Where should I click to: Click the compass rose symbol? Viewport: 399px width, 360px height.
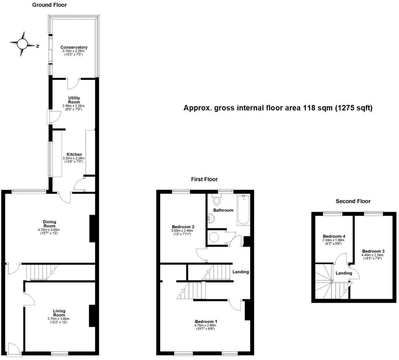[x=23, y=44]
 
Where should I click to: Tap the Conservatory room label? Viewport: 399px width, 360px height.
[x=74, y=47]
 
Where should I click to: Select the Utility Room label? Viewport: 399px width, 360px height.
[x=74, y=100]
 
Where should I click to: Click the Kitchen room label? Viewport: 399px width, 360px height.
[x=74, y=154]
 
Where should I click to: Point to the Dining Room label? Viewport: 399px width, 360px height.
[x=50, y=224]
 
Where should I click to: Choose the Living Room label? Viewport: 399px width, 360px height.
[x=59, y=313]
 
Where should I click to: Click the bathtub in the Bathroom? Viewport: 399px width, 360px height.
[x=243, y=210]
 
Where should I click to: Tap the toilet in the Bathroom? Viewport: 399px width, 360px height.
[x=217, y=200]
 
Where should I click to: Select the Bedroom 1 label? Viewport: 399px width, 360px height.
[x=206, y=321]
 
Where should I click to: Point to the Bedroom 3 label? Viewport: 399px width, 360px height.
[x=373, y=251]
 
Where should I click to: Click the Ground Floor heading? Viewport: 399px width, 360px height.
[x=50, y=5]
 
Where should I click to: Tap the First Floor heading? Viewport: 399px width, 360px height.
[x=204, y=179]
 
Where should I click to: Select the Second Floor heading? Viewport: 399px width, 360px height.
[x=353, y=201]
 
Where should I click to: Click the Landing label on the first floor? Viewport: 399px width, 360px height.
[x=240, y=272]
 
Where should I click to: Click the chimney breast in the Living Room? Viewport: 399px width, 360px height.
[x=92, y=316]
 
